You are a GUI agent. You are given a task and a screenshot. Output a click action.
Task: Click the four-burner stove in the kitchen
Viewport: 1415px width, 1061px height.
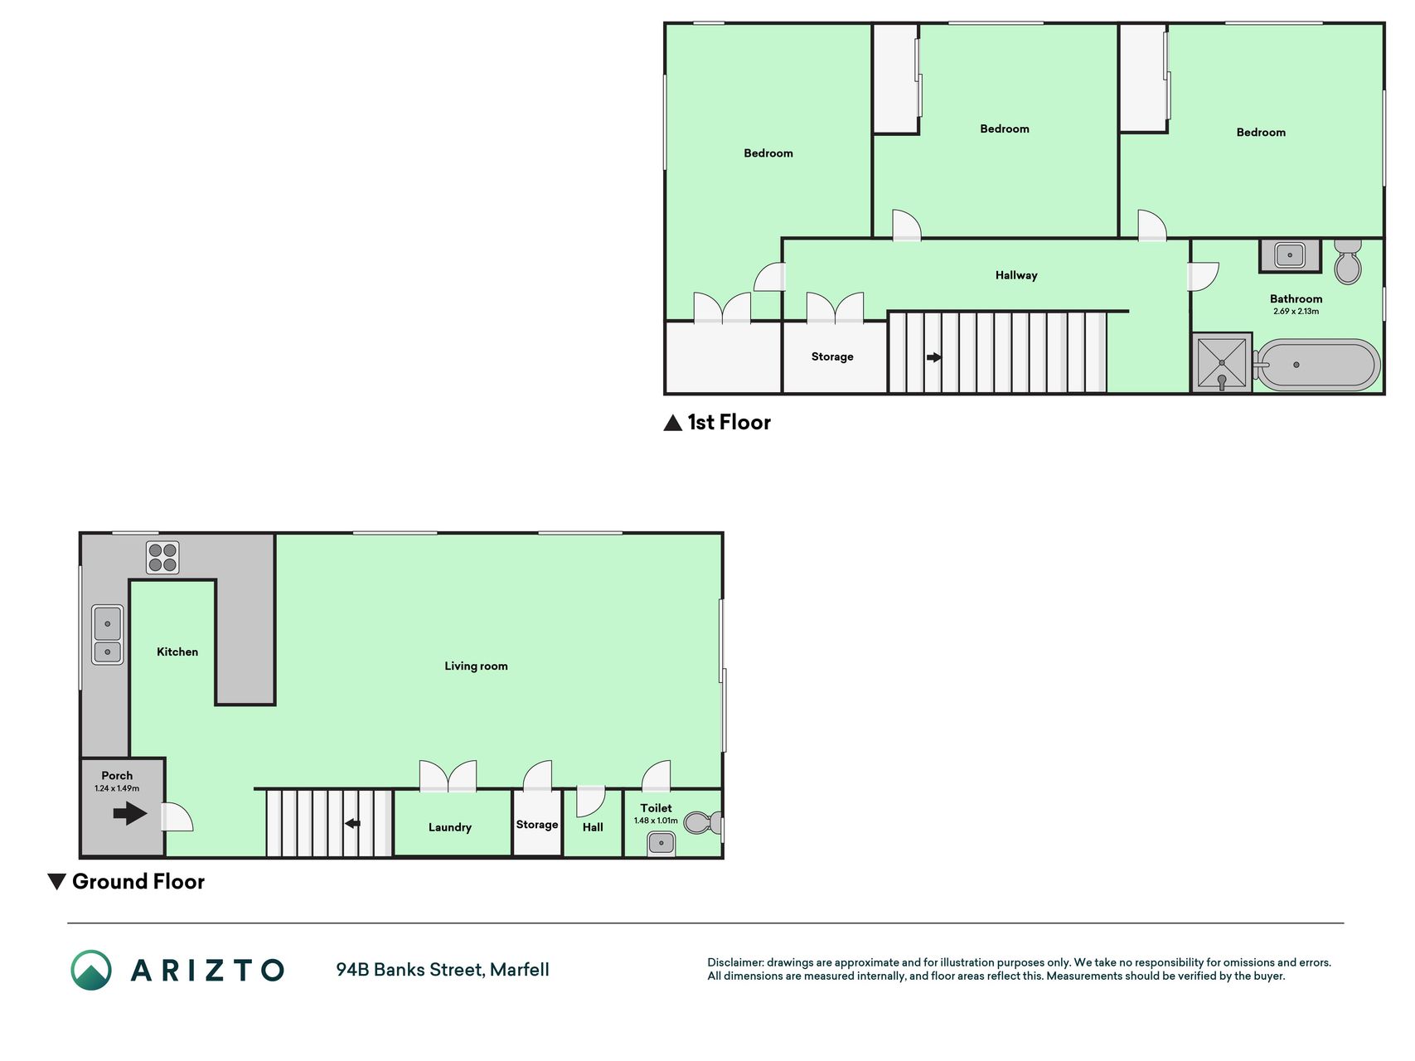pos(162,558)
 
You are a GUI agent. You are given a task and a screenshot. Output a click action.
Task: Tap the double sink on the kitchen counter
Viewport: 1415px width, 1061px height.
pos(107,635)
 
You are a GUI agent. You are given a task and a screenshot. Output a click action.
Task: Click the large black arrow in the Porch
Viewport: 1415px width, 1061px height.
pos(130,813)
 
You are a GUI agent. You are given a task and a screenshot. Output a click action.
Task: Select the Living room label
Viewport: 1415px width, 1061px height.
pos(476,666)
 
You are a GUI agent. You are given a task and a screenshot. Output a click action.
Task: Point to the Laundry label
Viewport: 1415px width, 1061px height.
pos(450,827)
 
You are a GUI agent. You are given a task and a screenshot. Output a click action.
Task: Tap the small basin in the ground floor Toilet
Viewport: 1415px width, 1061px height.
pos(661,844)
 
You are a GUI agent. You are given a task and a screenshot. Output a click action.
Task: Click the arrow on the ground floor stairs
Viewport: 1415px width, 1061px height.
pos(352,823)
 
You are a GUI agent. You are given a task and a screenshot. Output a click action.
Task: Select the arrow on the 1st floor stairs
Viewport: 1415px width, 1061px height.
pos(934,357)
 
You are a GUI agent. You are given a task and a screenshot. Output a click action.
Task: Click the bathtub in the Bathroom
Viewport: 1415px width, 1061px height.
pos(1316,365)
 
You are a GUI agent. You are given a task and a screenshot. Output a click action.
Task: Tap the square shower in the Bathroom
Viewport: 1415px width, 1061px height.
pos(1222,362)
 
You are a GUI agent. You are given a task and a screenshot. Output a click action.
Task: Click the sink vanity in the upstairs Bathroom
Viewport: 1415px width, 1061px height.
pos(1290,255)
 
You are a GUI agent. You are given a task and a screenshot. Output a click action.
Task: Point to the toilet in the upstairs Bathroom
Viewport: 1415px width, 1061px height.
pos(1348,261)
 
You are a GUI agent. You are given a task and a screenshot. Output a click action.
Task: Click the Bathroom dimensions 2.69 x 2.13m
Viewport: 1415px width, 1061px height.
pos(1296,312)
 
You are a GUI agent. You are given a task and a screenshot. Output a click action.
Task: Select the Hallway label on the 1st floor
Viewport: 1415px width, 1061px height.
pos(1016,275)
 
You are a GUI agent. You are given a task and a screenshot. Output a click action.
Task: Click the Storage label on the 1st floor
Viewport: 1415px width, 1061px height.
pos(832,356)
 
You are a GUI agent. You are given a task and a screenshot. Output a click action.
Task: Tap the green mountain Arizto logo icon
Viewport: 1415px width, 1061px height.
pos(91,970)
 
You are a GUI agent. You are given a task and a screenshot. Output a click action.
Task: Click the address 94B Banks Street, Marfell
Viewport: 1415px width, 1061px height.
pos(443,970)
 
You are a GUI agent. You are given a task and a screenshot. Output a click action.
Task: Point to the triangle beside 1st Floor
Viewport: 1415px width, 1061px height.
pos(672,423)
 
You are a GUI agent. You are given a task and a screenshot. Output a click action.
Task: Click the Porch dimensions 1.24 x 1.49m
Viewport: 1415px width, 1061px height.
pos(117,788)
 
